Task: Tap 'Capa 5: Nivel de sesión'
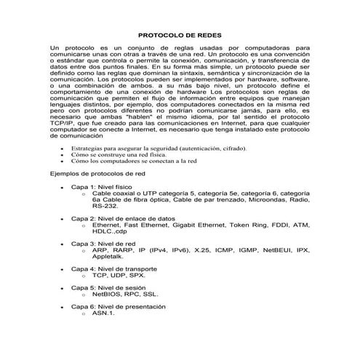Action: pyautogui.click(x=111, y=287)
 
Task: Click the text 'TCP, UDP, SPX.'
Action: pyautogui.click(x=119, y=276)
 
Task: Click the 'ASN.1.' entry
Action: pyautogui.click(x=103, y=313)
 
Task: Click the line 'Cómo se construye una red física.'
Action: pyautogui.click(x=119, y=155)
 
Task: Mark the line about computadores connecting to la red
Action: pyautogui.click(x=135, y=161)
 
